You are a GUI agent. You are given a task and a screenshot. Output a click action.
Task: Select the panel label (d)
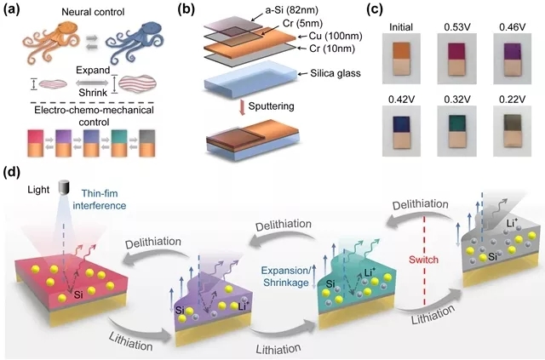tap(13, 175)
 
